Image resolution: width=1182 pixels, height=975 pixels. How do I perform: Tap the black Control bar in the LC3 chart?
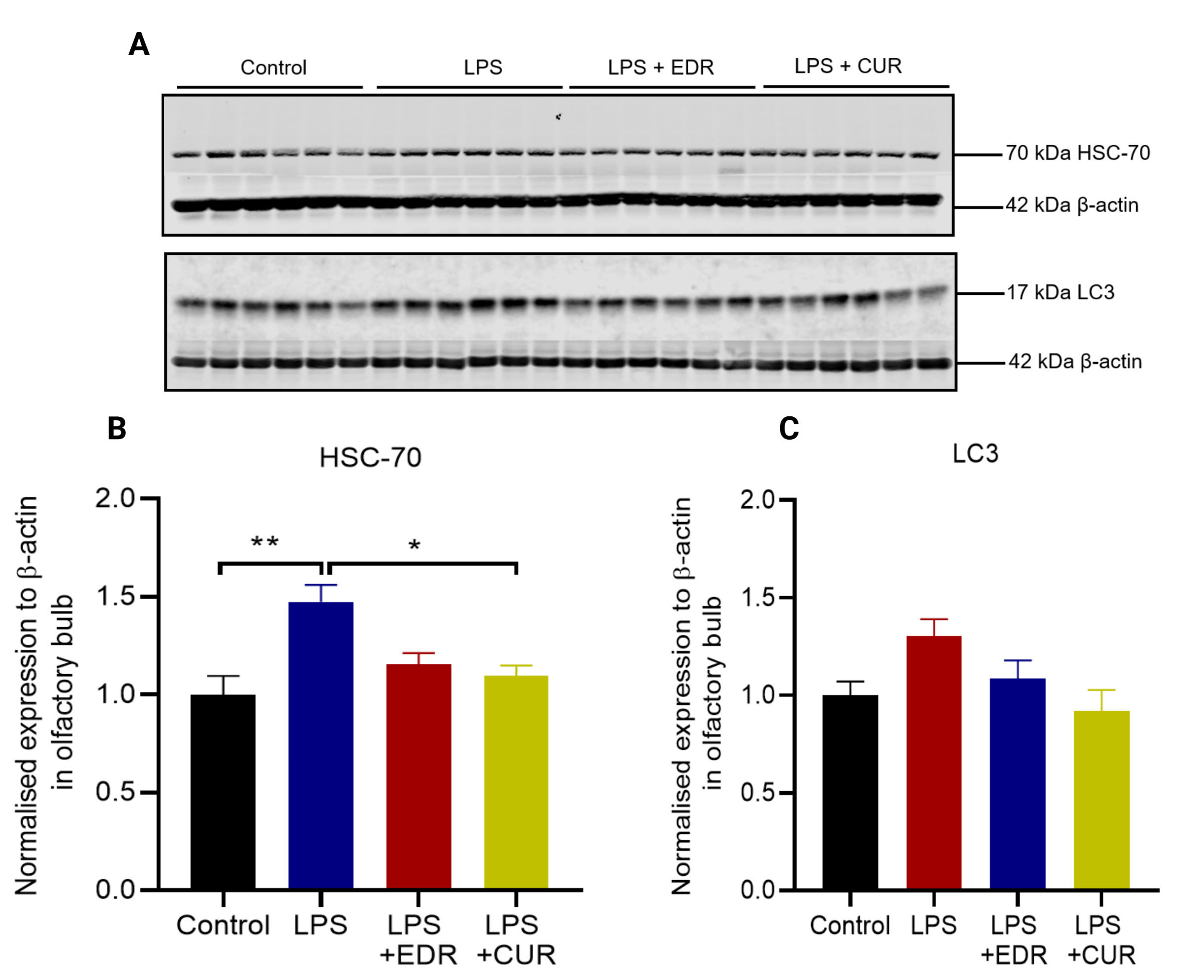pos(850,792)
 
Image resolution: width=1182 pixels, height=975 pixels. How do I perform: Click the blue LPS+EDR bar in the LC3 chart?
pos(1017,783)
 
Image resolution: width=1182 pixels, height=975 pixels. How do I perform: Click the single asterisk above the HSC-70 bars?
pos(414,545)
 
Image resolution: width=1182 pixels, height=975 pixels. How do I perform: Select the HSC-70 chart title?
pos(370,458)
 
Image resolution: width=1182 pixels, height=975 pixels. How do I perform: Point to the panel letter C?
pos(789,429)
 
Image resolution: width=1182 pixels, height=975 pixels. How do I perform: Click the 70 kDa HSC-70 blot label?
pos(1077,153)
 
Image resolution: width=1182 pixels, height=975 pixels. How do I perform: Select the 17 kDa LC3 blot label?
pos(1060,292)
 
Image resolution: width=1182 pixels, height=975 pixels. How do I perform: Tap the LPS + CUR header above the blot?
pos(848,66)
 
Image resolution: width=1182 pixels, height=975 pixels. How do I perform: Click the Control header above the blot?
pos(274,67)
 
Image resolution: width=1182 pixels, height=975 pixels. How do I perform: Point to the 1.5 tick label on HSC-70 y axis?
pos(115,597)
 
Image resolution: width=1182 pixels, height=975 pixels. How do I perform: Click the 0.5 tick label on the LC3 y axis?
pos(757,792)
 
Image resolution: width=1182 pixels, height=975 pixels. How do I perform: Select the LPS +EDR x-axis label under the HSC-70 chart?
pos(418,939)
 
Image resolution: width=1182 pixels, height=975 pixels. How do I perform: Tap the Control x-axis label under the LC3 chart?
pos(850,926)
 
